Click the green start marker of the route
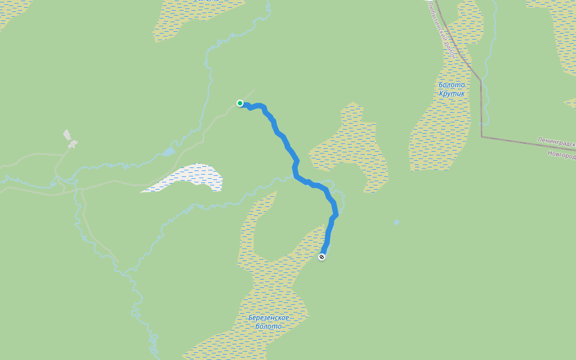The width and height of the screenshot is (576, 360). click(x=240, y=103)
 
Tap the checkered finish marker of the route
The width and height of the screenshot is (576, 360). click(x=322, y=257)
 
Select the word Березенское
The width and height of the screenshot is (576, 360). click(x=269, y=317)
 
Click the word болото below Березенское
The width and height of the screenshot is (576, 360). click(x=268, y=326)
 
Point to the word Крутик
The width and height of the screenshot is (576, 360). click(x=452, y=94)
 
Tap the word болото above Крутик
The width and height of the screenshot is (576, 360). click(x=452, y=85)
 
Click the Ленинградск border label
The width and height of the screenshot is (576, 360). click(x=556, y=143)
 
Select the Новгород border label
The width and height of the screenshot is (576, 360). click(x=561, y=154)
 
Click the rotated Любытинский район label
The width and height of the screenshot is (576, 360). click(x=443, y=30)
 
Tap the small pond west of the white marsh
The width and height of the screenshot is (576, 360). click(x=168, y=152)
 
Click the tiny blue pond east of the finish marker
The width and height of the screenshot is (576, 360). click(x=397, y=222)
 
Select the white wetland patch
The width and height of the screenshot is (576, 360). click(x=192, y=178)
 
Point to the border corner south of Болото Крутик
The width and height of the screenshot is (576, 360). click(x=482, y=136)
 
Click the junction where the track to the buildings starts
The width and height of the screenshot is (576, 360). click(x=58, y=175)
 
